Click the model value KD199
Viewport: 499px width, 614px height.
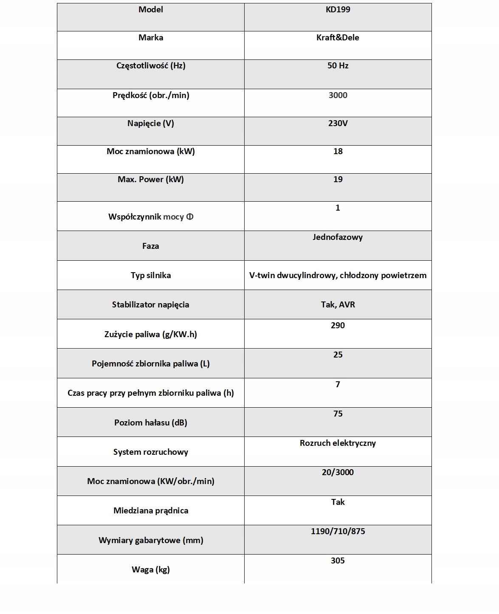pyautogui.click(x=338, y=9)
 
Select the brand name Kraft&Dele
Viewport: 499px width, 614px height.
pyautogui.click(x=338, y=37)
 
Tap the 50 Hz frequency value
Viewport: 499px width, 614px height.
pyautogui.click(x=338, y=65)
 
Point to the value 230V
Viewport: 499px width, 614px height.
pyautogui.click(x=338, y=123)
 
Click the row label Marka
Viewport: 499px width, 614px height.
pyautogui.click(x=151, y=37)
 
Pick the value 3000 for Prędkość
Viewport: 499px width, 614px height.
pyautogui.click(x=338, y=95)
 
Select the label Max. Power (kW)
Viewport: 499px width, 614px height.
pyautogui.click(x=151, y=179)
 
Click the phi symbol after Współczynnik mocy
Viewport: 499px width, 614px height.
pyautogui.click(x=190, y=217)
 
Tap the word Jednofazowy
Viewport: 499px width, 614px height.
pyautogui.click(x=338, y=237)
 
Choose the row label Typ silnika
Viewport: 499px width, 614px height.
pyautogui.click(x=151, y=275)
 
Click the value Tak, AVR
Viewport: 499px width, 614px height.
pyautogui.click(x=338, y=304)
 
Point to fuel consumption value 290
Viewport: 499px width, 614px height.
pyautogui.click(x=338, y=325)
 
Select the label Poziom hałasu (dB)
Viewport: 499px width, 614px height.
pyautogui.click(x=151, y=422)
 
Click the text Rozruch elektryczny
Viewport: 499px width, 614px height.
pyautogui.click(x=338, y=443)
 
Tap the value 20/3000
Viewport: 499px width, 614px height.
pyautogui.click(x=338, y=472)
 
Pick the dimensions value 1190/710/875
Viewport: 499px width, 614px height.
pyautogui.click(x=338, y=531)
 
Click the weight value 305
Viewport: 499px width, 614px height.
pyautogui.click(x=338, y=560)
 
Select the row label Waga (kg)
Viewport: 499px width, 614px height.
pyautogui.click(x=151, y=569)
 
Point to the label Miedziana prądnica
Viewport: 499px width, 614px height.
pyautogui.click(x=151, y=510)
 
